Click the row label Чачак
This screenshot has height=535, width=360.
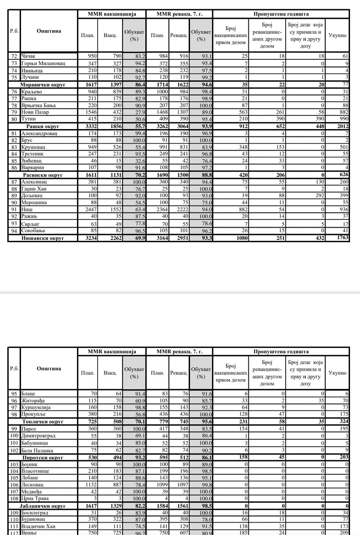[x=28, y=56]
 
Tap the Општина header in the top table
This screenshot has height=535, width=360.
[x=49, y=31]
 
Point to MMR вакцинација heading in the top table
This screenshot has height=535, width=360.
[x=112, y=15]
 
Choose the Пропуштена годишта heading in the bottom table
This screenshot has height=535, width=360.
[x=281, y=352]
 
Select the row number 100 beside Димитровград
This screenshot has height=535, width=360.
[x=14, y=436]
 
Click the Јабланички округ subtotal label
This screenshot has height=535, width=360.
[x=43, y=506]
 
